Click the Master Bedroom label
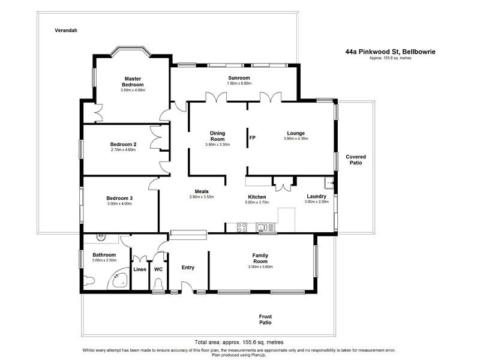pyautogui.click(x=133, y=82)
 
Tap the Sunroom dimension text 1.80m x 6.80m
pyautogui.click(x=239, y=83)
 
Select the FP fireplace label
pyautogui.click(x=253, y=138)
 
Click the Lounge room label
pyautogui.click(x=295, y=133)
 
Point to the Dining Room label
pyautogui.click(x=217, y=136)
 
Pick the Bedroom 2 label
pyautogui.click(x=123, y=145)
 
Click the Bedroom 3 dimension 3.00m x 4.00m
pyautogui.click(x=119, y=204)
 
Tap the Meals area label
pyautogui.click(x=202, y=191)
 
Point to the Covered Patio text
pyautogui.click(x=356, y=160)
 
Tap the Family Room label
pyautogui.click(x=260, y=259)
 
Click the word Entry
pyautogui.click(x=188, y=268)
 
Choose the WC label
pyautogui.click(x=158, y=269)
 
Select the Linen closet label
pyautogui.click(x=139, y=269)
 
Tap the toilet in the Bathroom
pyautogui.click(x=90, y=280)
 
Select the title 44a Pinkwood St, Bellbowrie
pyautogui.click(x=390, y=52)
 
